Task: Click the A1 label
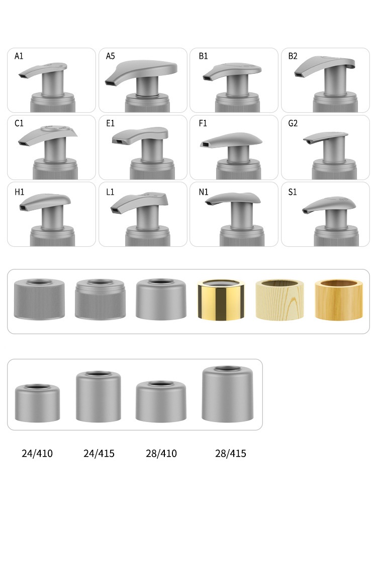(x=19, y=56)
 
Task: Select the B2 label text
(x=293, y=56)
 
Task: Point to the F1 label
(x=203, y=123)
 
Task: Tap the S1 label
(x=293, y=192)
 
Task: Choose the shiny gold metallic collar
(x=221, y=300)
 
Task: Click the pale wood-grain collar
(x=279, y=300)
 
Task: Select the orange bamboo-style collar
(x=338, y=300)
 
